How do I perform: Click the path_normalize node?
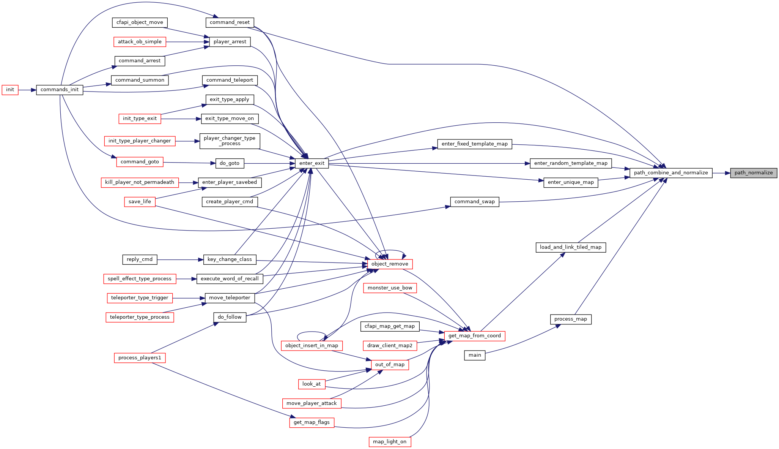754,173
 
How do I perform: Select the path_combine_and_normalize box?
671,173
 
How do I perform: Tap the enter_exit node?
312,163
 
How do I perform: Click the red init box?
10,90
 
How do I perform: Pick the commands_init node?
60,90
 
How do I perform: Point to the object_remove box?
390,264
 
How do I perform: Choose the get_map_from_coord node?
475,336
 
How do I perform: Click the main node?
475,355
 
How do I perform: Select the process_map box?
571,319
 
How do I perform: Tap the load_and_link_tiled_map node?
571,247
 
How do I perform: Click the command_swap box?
475,202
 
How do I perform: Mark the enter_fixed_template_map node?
475,144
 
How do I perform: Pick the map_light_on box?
390,442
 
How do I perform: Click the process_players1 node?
140,358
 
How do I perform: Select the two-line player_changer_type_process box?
230,141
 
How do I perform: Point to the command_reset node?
230,22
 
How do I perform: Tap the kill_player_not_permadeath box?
140,182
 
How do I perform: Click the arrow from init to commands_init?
27,90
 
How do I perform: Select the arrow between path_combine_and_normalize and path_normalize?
721,173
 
